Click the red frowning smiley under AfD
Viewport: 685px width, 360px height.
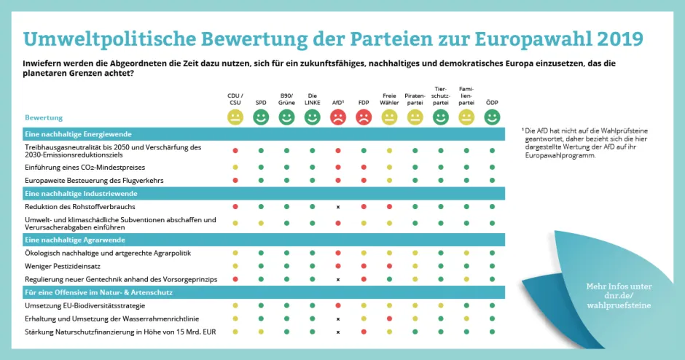click(x=338, y=117)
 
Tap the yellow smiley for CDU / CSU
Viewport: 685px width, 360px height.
click(x=235, y=117)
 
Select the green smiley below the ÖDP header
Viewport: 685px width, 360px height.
click(x=492, y=117)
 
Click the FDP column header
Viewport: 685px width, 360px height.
click(x=363, y=103)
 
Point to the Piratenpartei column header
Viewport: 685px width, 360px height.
click(x=415, y=99)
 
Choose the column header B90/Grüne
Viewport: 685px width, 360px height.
click(x=286, y=99)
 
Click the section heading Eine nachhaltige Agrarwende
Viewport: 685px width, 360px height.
click(x=75, y=240)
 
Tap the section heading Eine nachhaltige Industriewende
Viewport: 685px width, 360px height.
click(x=81, y=194)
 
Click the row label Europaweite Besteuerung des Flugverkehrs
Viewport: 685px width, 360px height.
click(x=94, y=179)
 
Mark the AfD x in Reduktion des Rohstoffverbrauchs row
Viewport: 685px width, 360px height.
click(x=338, y=207)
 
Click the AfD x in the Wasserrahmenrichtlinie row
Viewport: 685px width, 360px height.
click(x=338, y=319)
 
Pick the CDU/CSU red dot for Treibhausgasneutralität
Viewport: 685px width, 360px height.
click(x=235, y=150)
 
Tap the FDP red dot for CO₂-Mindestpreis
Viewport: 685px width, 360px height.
click(x=364, y=168)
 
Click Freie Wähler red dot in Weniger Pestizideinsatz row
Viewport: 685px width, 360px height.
click(x=389, y=266)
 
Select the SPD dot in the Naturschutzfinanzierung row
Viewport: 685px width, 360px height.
click(x=261, y=332)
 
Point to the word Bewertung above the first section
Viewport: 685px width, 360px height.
click(x=44, y=117)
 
